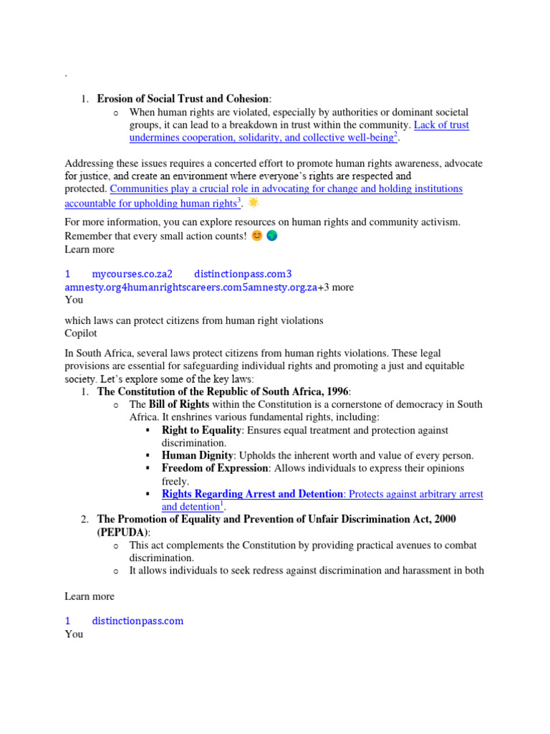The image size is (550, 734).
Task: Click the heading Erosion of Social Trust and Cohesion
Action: pyautogui.click(x=183, y=99)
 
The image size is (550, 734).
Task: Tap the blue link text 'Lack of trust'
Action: pyautogui.click(x=442, y=125)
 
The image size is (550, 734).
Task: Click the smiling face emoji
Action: pyautogui.click(x=256, y=236)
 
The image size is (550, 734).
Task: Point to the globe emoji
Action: pyautogui.click(x=271, y=236)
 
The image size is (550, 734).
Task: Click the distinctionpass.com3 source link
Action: pyautogui.click(x=243, y=274)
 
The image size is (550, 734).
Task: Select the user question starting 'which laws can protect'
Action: pyautogui.click(x=193, y=320)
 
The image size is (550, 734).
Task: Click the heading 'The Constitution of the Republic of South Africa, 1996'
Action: pyautogui.click(x=223, y=391)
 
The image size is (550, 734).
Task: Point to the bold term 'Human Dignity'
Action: pyautogui.click(x=198, y=455)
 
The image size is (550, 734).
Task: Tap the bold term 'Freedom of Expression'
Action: pyautogui.click(x=215, y=468)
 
